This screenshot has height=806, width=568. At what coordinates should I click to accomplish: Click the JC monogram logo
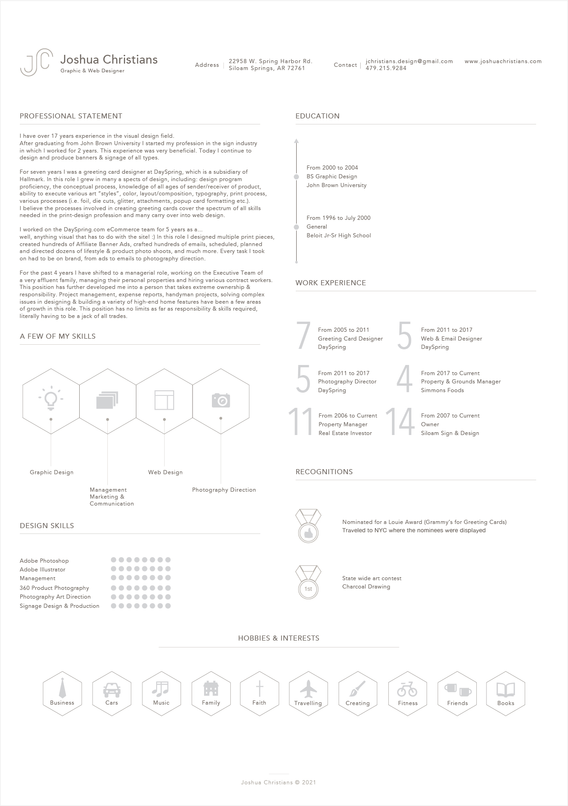click(x=36, y=62)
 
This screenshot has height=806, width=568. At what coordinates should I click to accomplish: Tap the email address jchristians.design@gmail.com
click(x=409, y=61)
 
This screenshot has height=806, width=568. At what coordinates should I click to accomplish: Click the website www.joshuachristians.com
click(x=503, y=61)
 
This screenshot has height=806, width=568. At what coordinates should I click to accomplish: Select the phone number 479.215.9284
click(x=386, y=68)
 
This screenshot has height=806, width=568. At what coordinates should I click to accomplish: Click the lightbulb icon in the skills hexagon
click(x=51, y=398)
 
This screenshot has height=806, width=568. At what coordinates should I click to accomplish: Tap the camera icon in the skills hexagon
click(x=221, y=400)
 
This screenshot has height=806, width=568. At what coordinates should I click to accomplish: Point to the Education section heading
click(x=317, y=116)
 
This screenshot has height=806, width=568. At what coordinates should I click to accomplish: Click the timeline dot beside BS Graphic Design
click(x=296, y=176)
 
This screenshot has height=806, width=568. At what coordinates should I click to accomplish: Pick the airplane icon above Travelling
click(x=308, y=689)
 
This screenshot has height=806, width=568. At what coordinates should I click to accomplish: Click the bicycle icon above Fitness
click(x=407, y=690)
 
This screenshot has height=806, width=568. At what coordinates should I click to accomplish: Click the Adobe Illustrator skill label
click(x=43, y=570)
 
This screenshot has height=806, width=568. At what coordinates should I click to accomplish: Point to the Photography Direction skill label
click(x=224, y=490)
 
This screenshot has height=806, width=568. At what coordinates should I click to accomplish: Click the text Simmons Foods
click(x=442, y=390)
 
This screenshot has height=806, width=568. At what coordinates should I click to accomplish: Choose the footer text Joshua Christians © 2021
click(x=278, y=782)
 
